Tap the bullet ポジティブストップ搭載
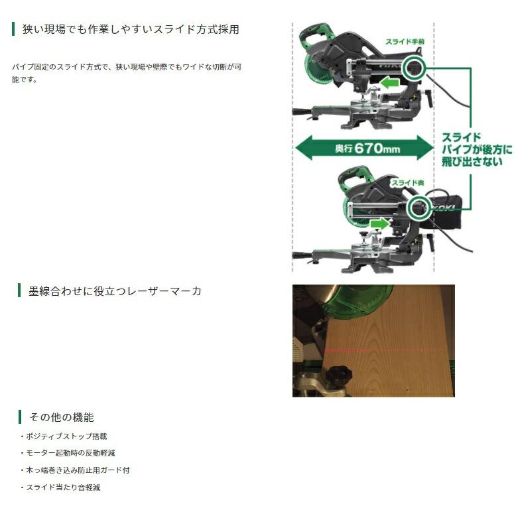(x=66, y=436)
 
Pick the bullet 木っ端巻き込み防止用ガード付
(x=78, y=470)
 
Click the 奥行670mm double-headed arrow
(x=363, y=148)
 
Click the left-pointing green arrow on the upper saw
(x=389, y=84)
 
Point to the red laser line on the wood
(x=385, y=348)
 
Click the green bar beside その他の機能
(x=20, y=417)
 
